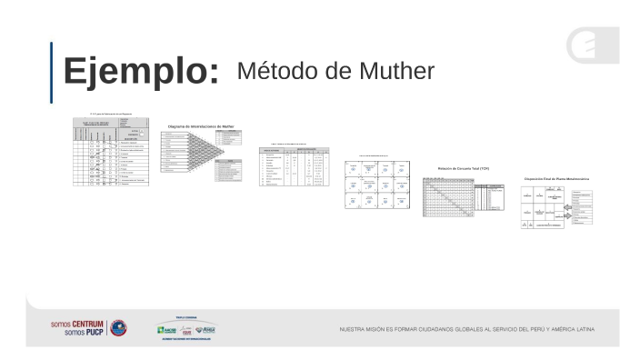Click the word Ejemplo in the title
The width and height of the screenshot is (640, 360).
(x=141, y=72)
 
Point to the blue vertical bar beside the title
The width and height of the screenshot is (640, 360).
(x=51, y=72)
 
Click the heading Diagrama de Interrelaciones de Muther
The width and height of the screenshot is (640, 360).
(x=201, y=126)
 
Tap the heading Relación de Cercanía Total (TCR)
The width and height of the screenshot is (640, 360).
(x=463, y=168)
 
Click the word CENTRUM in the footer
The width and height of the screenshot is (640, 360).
(x=90, y=323)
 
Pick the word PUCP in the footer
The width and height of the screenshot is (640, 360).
(x=94, y=333)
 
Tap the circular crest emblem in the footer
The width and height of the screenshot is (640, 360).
(x=118, y=327)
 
